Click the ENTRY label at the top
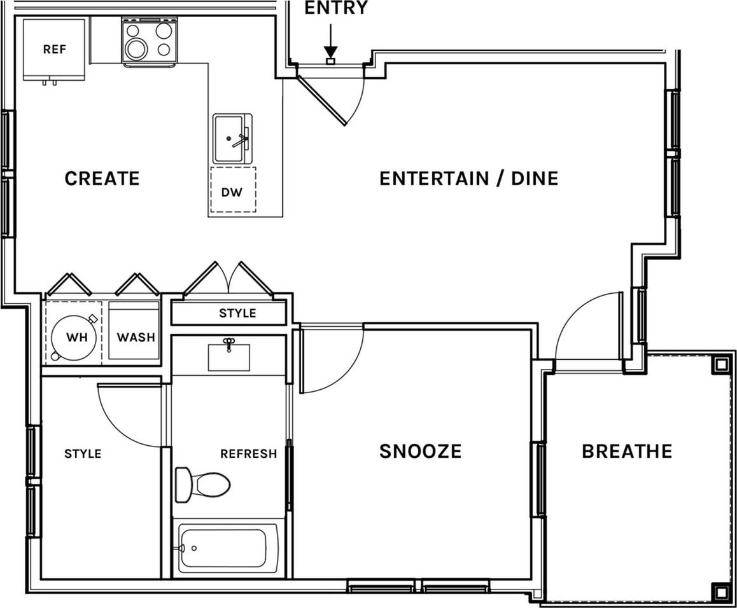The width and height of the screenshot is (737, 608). (x=335, y=8)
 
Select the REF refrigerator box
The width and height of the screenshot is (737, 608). (x=54, y=50)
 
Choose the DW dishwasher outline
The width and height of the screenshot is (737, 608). (x=232, y=191)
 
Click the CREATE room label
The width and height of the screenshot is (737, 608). (x=102, y=179)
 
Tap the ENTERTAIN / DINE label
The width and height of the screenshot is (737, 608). (x=468, y=179)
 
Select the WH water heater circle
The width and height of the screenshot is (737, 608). (x=74, y=337)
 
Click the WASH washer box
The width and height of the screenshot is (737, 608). (x=135, y=336)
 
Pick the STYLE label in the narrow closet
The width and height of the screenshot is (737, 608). (x=237, y=314)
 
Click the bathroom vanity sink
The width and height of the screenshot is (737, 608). (x=228, y=357)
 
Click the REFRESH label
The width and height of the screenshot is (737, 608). (x=248, y=454)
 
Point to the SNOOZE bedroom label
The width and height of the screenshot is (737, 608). (x=420, y=452)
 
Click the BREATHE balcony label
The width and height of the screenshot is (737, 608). (x=627, y=452)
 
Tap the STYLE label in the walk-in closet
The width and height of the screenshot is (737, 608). (x=83, y=454)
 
